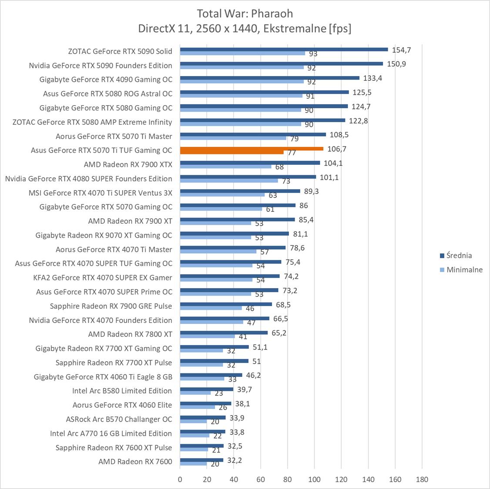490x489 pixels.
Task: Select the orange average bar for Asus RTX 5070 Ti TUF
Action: (252, 148)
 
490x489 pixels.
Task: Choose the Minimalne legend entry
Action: (464, 269)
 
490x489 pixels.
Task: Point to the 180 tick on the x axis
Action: (422, 479)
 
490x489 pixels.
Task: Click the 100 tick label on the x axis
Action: (314, 479)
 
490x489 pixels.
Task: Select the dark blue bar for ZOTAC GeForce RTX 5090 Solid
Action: (284, 49)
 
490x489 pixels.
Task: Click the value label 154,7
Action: (401, 50)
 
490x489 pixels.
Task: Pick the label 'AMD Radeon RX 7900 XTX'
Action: (128, 164)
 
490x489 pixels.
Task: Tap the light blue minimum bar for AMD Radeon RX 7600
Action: (193, 464)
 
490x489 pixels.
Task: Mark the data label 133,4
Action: (373, 78)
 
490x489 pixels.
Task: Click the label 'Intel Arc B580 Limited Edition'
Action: (122, 391)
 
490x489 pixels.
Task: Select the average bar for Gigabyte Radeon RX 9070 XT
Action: (234, 233)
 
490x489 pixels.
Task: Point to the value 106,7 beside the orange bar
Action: (337, 149)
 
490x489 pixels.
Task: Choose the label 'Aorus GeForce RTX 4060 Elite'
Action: (122, 405)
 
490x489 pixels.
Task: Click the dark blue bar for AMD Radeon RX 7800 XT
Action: (224, 333)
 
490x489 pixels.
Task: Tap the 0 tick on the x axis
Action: (180, 479)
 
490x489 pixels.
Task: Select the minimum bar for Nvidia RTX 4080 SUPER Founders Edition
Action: (228, 180)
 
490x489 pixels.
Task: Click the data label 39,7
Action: (245, 389)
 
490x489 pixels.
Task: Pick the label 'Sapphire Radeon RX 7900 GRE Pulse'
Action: (111, 306)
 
